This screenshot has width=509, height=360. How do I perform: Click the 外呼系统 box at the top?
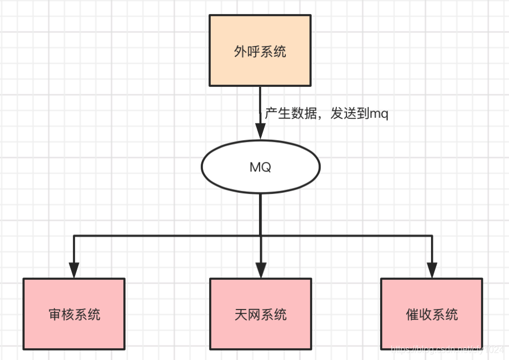(260, 50)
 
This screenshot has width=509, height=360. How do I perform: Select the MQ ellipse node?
(260, 167)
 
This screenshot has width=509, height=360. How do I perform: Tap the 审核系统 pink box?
(74, 313)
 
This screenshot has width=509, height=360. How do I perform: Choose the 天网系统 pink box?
(260, 313)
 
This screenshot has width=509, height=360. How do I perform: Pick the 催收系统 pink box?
(432, 313)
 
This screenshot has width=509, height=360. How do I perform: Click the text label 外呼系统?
(260, 52)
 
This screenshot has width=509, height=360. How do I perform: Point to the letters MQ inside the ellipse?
(260, 167)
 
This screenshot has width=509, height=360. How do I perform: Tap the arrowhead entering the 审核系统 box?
(74, 270)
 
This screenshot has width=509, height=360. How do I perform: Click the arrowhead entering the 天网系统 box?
(260, 270)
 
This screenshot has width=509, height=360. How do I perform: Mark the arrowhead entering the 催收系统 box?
(432, 270)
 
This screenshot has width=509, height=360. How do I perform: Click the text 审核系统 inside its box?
(74, 314)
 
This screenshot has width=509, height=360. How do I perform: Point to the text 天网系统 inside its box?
(260, 314)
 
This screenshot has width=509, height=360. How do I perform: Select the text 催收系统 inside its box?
(432, 314)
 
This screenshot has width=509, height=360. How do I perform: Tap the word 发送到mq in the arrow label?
(359, 114)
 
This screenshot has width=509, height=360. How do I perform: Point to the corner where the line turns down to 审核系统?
(74, 236)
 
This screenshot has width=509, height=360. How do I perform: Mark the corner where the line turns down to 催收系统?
(432, 236)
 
